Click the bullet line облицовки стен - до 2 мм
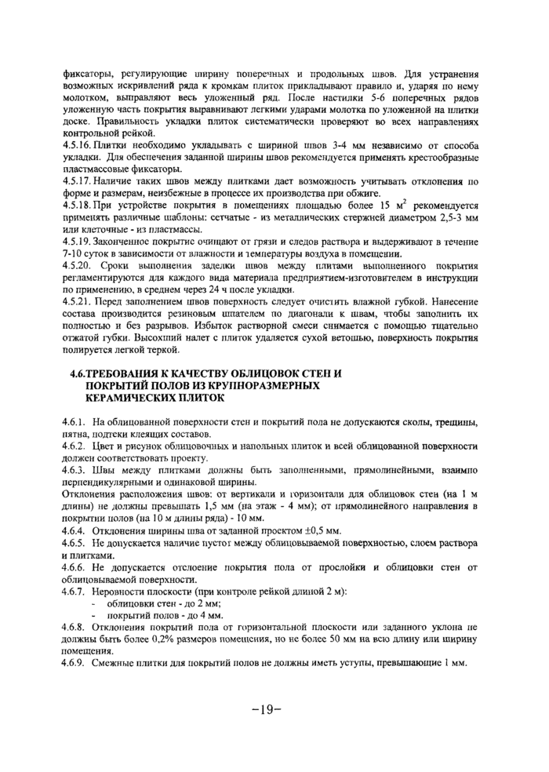coord(163,602)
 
